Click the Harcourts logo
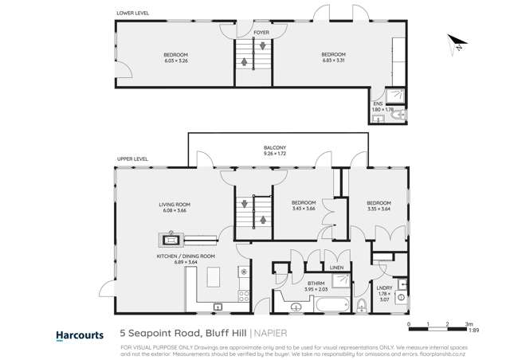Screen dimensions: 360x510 (79, 335)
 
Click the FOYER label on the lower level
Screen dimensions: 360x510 (261, 33)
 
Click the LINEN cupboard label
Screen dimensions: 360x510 (336, 268)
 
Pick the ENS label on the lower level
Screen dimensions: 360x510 (378, 104)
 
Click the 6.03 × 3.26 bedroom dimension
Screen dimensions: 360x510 (175, 61)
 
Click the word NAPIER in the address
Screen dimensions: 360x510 (274, 335)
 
